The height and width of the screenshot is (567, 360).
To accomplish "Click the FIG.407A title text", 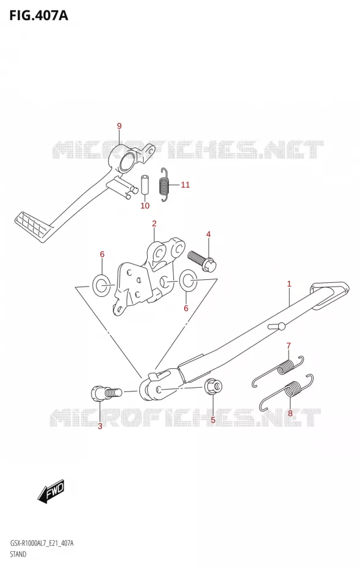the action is tap(38, 16).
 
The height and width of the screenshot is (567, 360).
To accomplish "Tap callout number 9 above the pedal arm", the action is tap(119, 126).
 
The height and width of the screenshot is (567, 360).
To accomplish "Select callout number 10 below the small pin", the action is tap(145, 205).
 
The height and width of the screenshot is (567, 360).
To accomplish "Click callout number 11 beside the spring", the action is tap(185, 185).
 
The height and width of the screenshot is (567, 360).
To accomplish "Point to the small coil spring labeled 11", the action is tap(165, 185).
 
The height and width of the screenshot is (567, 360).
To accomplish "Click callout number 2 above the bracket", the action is tap(154, 224).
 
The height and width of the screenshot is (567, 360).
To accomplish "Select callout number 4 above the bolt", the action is tap(209, 234).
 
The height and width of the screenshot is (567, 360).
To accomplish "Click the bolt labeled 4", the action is tap(202, 261).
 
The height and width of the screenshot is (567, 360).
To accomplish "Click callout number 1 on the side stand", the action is tap(289, 284).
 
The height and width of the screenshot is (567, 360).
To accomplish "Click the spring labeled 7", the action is tap(278, 371).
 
